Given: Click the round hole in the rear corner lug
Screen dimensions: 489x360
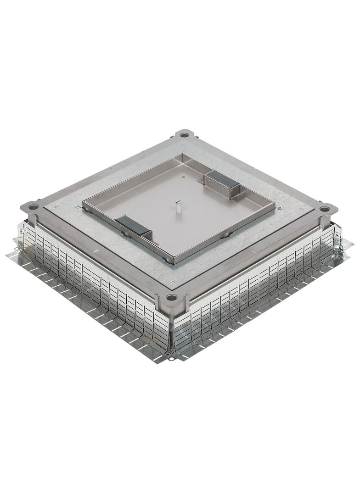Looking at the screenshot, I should [184, 135].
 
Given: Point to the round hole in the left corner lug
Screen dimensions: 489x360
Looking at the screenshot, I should [33, 207].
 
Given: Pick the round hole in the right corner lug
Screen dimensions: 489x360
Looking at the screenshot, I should [325, 209].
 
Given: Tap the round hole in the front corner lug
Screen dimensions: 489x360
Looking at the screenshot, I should [172, 298].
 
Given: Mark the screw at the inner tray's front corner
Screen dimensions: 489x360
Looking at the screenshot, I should [174, 267].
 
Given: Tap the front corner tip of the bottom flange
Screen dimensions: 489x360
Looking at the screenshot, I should [171, 358].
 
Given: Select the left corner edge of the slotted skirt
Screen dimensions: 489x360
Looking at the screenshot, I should [19, 239].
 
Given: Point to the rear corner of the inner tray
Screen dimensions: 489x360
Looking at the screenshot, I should [182, 155].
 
